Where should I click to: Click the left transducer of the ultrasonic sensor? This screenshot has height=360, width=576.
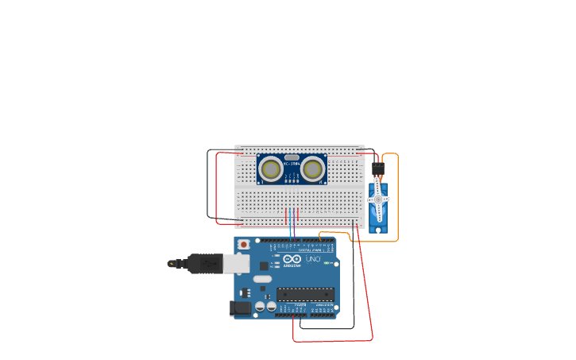[x=271, y=168]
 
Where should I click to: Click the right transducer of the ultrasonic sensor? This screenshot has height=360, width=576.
[x=313, y=168]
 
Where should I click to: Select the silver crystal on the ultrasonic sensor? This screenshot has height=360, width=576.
[x=292, y=157]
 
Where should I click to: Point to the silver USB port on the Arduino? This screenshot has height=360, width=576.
[x=236, y=264]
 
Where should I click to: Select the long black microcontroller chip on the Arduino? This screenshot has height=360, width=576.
[x=305, y=294]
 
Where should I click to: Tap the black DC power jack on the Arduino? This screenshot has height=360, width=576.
[x=240, y=308]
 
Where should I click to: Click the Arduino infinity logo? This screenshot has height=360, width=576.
[x=292, y=260]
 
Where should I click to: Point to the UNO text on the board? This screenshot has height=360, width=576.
[x=313, y=259]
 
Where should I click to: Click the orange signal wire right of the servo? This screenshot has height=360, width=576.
[x=397, y=199]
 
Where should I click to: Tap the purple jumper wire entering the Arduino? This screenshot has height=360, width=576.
[x=293, y=226]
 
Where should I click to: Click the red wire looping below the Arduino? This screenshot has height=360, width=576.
[x=334, y=341]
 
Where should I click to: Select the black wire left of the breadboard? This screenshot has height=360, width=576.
[x=208, y=183]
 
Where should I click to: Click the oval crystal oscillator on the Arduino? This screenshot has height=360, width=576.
[x=262, y=279]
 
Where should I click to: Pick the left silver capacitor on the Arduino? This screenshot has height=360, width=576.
[x=260, y=306]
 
